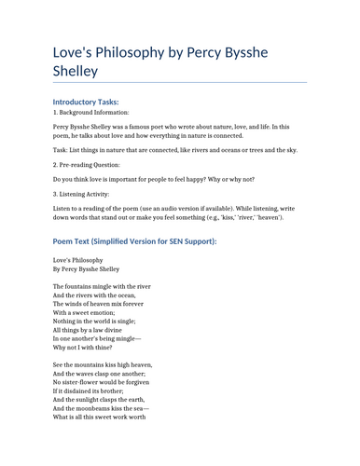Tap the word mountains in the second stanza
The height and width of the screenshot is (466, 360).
[x=90, y=364]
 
